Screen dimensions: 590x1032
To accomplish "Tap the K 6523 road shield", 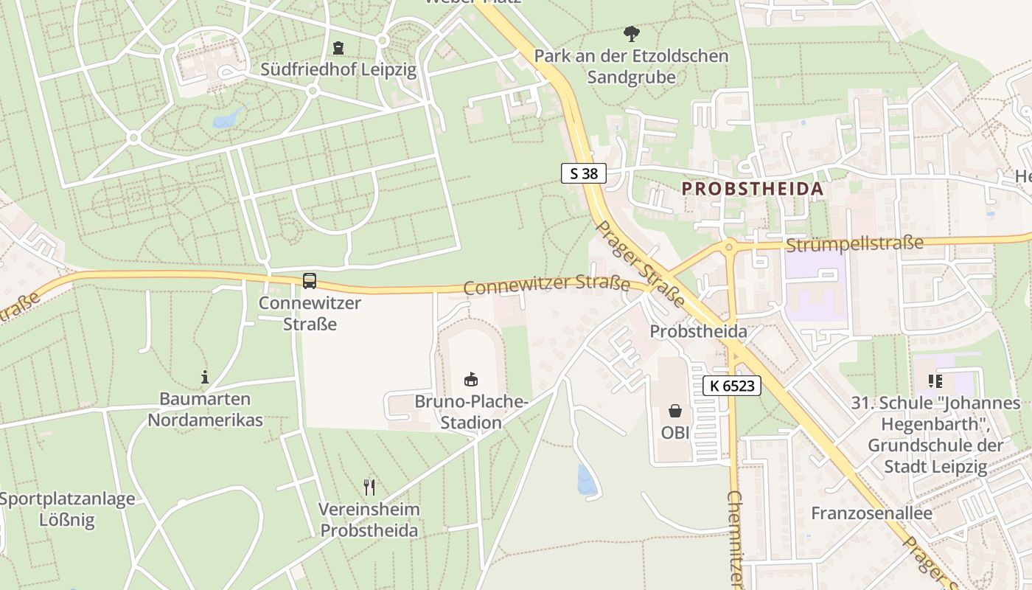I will coord(731,385).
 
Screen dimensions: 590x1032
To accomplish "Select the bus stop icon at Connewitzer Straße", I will coord(310,281).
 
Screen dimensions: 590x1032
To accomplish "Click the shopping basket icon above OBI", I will coord(674,411).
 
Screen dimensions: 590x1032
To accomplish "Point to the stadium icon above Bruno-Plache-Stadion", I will coord(470,380).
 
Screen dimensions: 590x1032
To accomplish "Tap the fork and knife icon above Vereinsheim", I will coord(369,487).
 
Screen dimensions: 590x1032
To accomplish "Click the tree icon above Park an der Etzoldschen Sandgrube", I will coord(631,33).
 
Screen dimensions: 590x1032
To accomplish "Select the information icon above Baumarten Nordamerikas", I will coord(205,378).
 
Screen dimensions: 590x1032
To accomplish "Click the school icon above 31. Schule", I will coord(935,381).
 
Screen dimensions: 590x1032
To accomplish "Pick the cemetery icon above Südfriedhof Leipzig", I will coord(338,48).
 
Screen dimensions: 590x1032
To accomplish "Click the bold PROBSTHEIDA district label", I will coord(752,189).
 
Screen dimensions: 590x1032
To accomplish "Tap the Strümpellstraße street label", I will coord(854,243).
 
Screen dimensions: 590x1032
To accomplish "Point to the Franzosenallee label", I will coord(871,513).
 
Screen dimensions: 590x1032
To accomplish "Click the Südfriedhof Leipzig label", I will coord(338,70).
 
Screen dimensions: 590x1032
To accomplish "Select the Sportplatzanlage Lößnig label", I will coord(67,510).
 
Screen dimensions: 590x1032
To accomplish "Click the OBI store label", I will coord(675,433).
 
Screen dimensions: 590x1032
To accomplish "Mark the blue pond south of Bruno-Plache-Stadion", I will coord(587,480).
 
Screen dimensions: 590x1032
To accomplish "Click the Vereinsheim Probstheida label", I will coord(369,520).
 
